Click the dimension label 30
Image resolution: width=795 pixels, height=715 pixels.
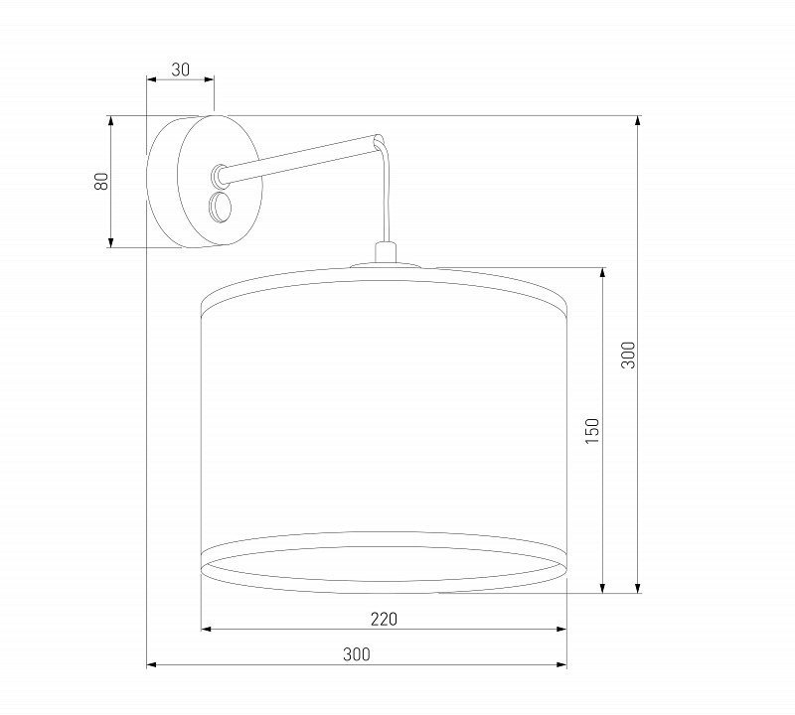point(180,70)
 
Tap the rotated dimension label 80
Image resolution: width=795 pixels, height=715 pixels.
point(101,181)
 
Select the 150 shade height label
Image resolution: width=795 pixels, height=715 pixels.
point(591,431)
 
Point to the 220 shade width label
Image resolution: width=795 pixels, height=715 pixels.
point(384,620)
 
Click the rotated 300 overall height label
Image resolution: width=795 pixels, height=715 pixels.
point(628,355)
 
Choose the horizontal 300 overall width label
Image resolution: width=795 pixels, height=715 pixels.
point(357,654)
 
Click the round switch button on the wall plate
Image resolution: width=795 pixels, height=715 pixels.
point(220,208)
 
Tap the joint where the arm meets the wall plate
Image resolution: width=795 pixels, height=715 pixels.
point(219,175)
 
